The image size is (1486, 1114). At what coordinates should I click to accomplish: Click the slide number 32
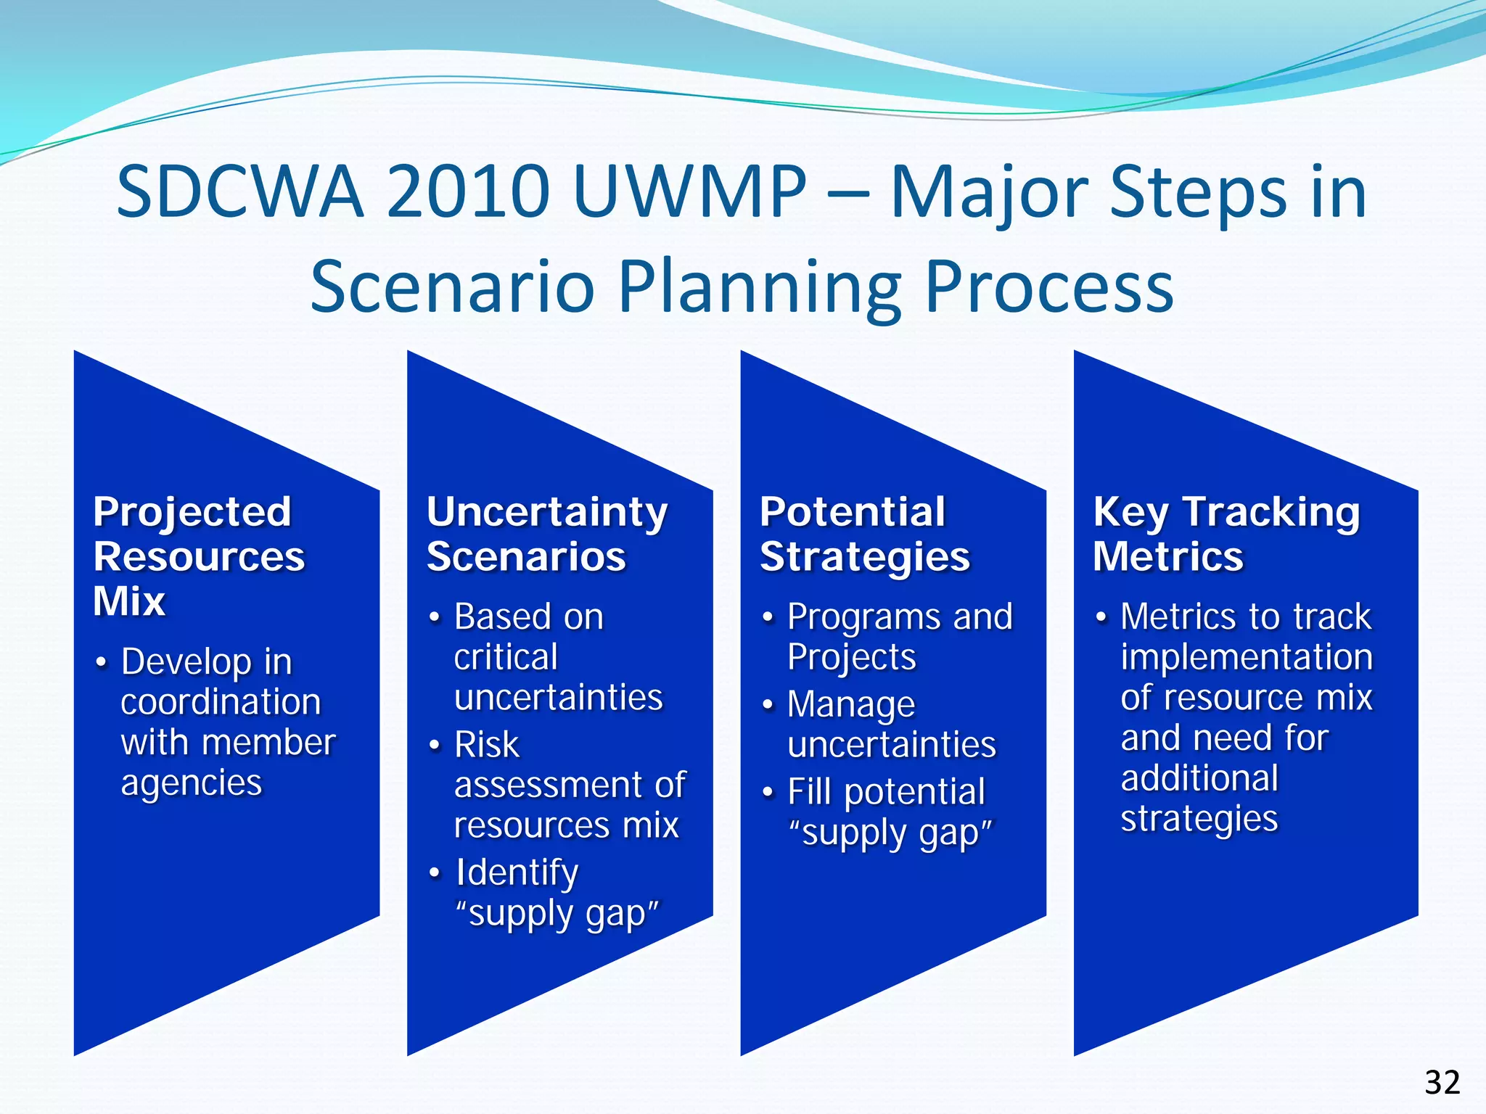(x=1442, y=1083)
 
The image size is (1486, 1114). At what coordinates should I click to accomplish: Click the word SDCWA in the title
(x=239, y=192)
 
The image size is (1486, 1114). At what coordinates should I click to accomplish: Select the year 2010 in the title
(x=467, y=192)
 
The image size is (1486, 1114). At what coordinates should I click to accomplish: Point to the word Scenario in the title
(x=453, y=287)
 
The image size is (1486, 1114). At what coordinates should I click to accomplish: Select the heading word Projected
(x=192, y=512)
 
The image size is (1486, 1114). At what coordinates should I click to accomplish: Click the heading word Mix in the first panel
(x=129, y=601)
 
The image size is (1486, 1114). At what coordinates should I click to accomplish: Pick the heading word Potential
(x=853, y=512)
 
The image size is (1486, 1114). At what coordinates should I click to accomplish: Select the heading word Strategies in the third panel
(x=865, y=558)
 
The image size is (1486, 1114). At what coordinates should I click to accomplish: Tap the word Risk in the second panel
(x=486, y=745)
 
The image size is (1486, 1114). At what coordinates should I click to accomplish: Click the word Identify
(x=517, y=873)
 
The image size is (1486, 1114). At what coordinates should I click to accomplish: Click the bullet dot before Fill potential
(x=768, y=793)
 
